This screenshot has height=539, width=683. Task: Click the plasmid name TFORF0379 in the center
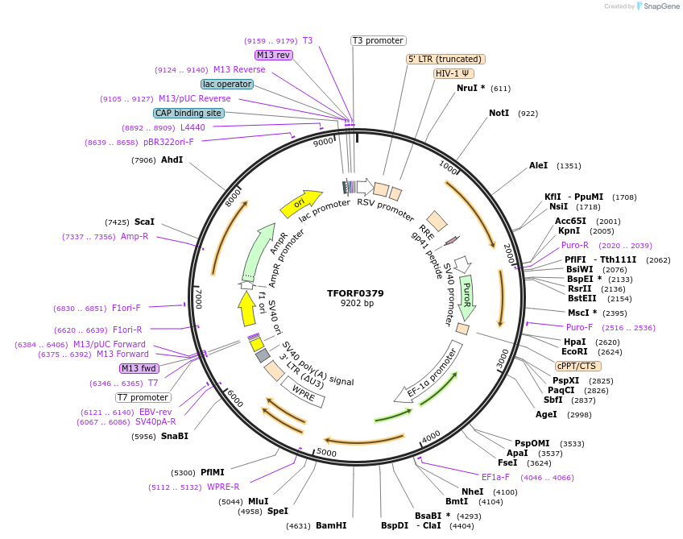click(355, 292)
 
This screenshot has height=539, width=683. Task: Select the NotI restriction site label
click(499, 114)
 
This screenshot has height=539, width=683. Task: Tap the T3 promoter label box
click(379, 40)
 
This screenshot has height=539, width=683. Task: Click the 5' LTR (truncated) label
click(445, 59)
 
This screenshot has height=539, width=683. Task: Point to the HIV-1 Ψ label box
click(453, 73)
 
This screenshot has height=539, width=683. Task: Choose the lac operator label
click(227, 84)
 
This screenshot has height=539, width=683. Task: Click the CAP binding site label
click(188, 114)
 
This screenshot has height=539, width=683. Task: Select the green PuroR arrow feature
click(467, 295)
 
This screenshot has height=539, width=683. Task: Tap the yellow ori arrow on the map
click(300, 204)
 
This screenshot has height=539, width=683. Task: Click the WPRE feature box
click(303, 392)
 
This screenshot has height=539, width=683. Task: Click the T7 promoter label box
click(143, 397)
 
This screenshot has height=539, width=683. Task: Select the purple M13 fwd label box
click(139, 368)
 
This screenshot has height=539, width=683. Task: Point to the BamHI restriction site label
click(331, 525)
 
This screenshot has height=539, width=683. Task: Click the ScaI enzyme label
click(144, 222)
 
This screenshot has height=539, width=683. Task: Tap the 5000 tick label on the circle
click(326, 453)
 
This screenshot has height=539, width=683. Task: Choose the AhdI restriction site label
click(172, 160)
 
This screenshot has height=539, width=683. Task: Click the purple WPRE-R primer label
click(223, 487)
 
